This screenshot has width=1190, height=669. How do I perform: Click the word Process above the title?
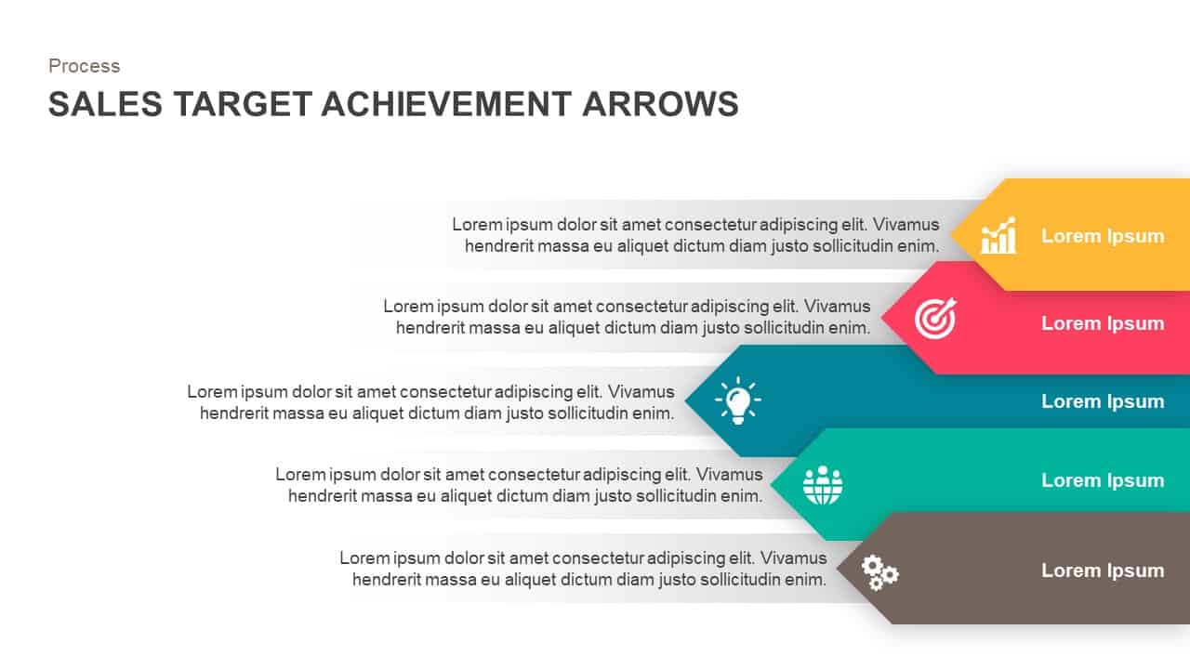pyautogui.click(x=84, y=66)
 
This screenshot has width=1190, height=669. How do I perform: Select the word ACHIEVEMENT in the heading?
pyautogui.click(x=446, y=104)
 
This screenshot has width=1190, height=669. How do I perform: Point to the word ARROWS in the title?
pyautogui.click(x=660, y=104)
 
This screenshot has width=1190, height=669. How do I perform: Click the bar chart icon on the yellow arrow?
pyautogui.click(x=998, y=236)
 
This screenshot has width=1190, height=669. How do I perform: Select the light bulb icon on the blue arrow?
pyautogui.click(x=737, y=401)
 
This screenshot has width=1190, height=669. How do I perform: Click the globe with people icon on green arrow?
pyautogui.click(x=823, y=484)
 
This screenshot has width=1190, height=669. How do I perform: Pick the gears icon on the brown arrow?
pyautogui.click(x=879, y=571)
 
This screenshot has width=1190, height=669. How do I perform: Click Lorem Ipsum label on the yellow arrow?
pyautogui.click(x=1102, y=236)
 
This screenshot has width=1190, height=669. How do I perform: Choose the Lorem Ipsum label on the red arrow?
pyautogui.click(x=1102, y=323)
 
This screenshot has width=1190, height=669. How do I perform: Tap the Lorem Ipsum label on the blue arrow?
pyautogui.click(x=1102, y=401)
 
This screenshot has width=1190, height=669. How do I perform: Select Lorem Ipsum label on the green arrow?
pyautogui.click(x=1102, y=480)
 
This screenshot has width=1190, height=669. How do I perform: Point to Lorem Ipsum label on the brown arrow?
pyautogui.click(x=1102, y=571)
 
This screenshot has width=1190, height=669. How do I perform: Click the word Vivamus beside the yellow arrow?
pyautogui.click(x=906, y=225)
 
